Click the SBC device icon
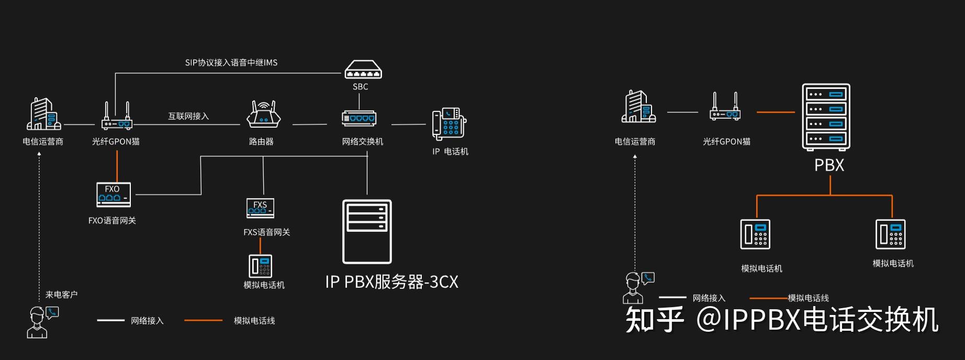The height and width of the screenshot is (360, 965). click(x=363, y=70)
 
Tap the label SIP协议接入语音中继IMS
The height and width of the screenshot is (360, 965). click(x=231, y=63)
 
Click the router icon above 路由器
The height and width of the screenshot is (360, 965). click(x=261, y=115)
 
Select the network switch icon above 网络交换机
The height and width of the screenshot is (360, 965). click(x=359, y=118)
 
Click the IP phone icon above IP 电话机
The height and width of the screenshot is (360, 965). click(x=449, y=124)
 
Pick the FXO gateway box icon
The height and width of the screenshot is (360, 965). click(x=114, y=195)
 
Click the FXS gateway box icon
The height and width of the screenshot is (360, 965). click(x=260, y=208)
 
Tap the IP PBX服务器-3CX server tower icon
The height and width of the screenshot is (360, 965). click(x=367, y=232)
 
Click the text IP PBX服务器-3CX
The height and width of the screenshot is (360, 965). click(x=391, y=282)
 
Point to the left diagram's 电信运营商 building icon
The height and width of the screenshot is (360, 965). click(x=43, y=114)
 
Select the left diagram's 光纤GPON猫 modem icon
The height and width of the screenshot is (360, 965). click(x=117, y=117)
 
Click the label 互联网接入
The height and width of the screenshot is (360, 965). click(x=188, y=116)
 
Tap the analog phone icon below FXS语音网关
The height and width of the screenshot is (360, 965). click(x=260, y=266)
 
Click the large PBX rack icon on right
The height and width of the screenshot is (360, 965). click(x=826, y=117)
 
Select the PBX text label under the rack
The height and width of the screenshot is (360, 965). click(x=829, y=165)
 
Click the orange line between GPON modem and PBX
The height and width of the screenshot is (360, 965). click(x=776, y=112)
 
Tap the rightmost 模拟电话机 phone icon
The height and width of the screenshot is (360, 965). click(x=890, y=234)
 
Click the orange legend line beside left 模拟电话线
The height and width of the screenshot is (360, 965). click(x=203, y=320)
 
